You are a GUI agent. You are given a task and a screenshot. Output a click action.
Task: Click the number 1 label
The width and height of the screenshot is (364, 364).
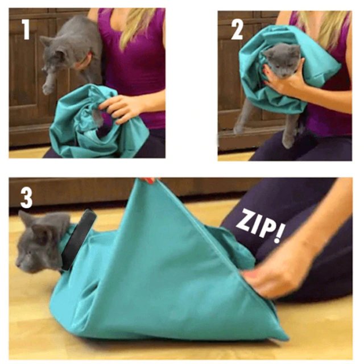click(26, 30)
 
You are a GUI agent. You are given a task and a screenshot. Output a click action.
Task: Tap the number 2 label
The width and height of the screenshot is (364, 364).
click(237, 30)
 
